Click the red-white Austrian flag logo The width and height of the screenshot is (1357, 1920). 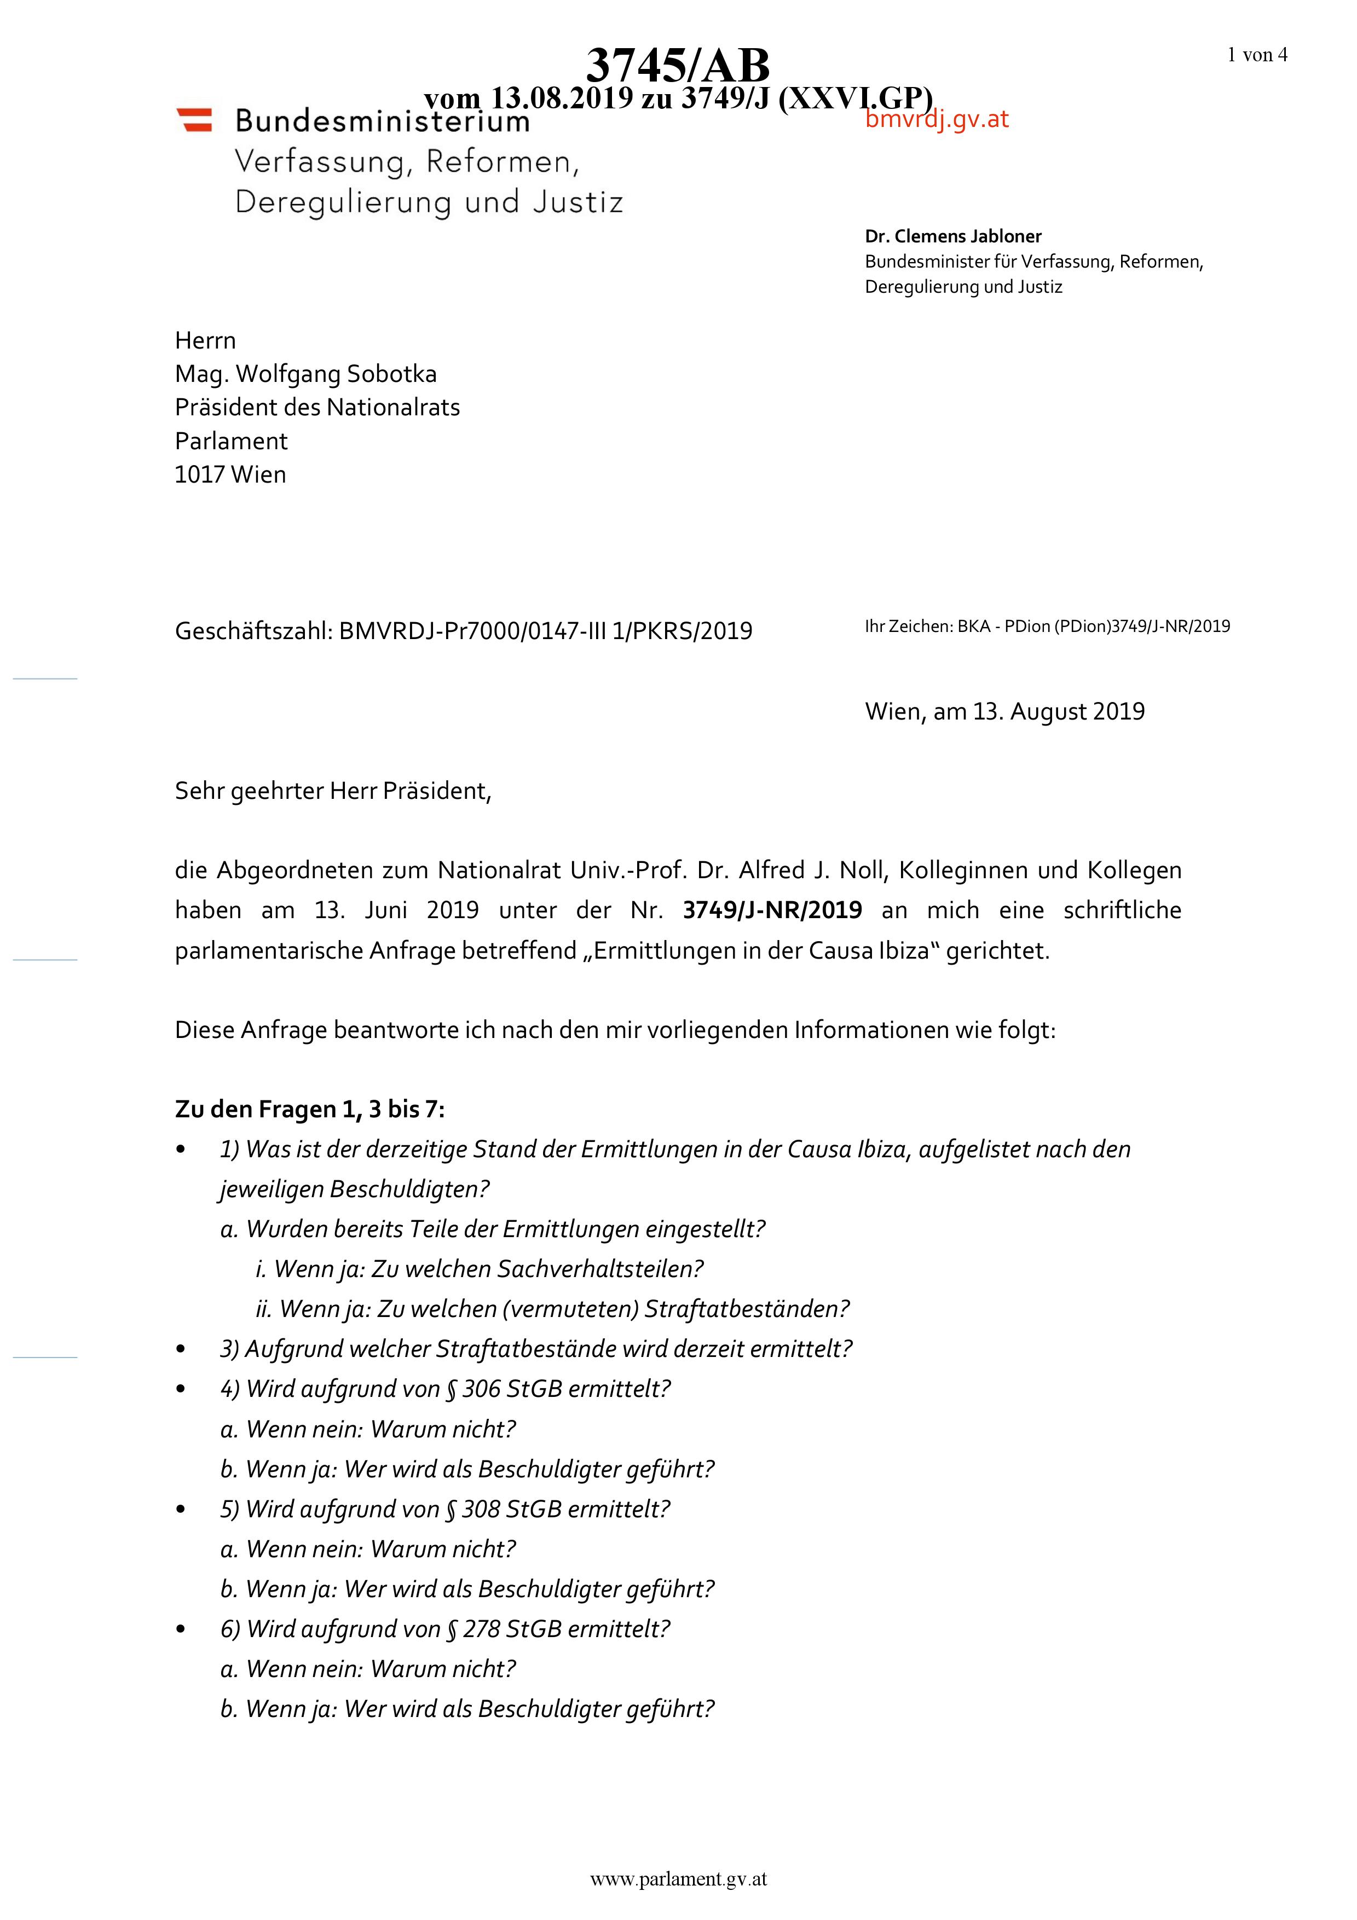click(x=194, y=120)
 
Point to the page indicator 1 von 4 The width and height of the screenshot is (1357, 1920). click(x=1257, y=55)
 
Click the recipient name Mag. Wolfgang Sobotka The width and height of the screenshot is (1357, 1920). click(x=305, y=374)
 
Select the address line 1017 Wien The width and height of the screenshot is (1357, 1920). click(x=230, y=474)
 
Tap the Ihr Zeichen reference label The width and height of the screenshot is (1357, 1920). click(x=907, y=627)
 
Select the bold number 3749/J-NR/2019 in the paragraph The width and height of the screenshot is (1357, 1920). click(x=772, y=910)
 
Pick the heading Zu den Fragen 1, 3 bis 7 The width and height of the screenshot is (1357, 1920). click(x=309, y=1109)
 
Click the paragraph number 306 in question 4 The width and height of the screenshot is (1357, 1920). click(x=481, y=1389)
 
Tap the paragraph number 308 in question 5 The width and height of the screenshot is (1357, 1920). click(x=481, y=1510)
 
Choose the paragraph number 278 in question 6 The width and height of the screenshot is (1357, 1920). click(x=482, y=1629)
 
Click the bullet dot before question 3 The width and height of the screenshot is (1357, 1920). click(x=181, y=1350)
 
